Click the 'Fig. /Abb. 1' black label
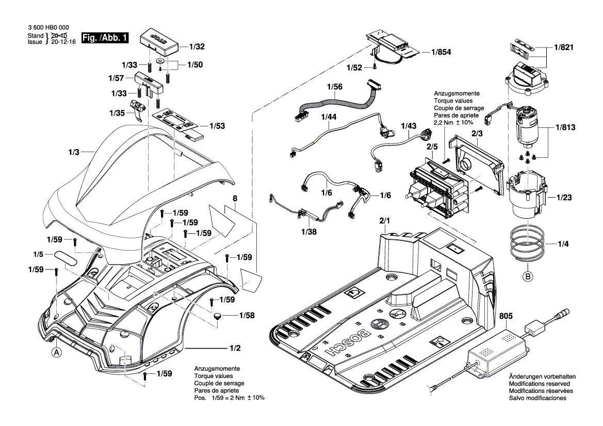click(106, 38)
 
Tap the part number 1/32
click(197, 46)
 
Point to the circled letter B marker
click(528, 277)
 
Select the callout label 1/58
click(246, 315)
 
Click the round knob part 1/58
click(219, 316)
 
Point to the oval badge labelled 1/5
click(67, 257)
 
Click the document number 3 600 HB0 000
click(48, 28)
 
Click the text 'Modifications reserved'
click(539, 384)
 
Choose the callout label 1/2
click(234, 348)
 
